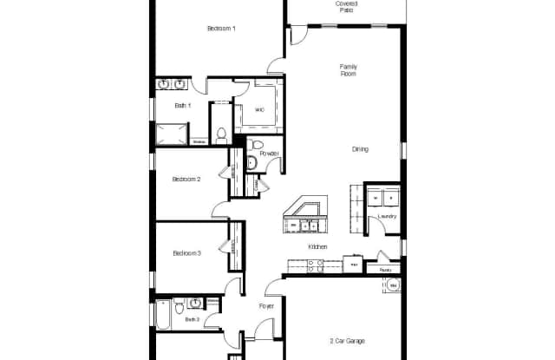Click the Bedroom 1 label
(x=221, y=29)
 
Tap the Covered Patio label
(x=347, y=7)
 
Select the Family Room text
(x=349, y=69)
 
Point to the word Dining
(x=360, y=149)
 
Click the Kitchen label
(x=317, y=247)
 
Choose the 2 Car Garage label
(x=347, y=341)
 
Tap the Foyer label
(x=266, y=306)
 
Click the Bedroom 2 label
(x=186, y=180)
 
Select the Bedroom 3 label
(x=186, y=253)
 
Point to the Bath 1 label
(x=181, y=106)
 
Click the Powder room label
(x=269, y=154)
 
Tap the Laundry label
(x=387, y=216)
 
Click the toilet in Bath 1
(x=221, y=134)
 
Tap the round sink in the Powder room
(x=251, y=161)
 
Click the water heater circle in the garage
(x=392, y=285)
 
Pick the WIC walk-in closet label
(x=259, y=110)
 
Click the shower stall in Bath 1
(x=171, y=134)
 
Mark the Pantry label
(x=383, y=270)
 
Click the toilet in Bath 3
(x=179, y=305)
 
